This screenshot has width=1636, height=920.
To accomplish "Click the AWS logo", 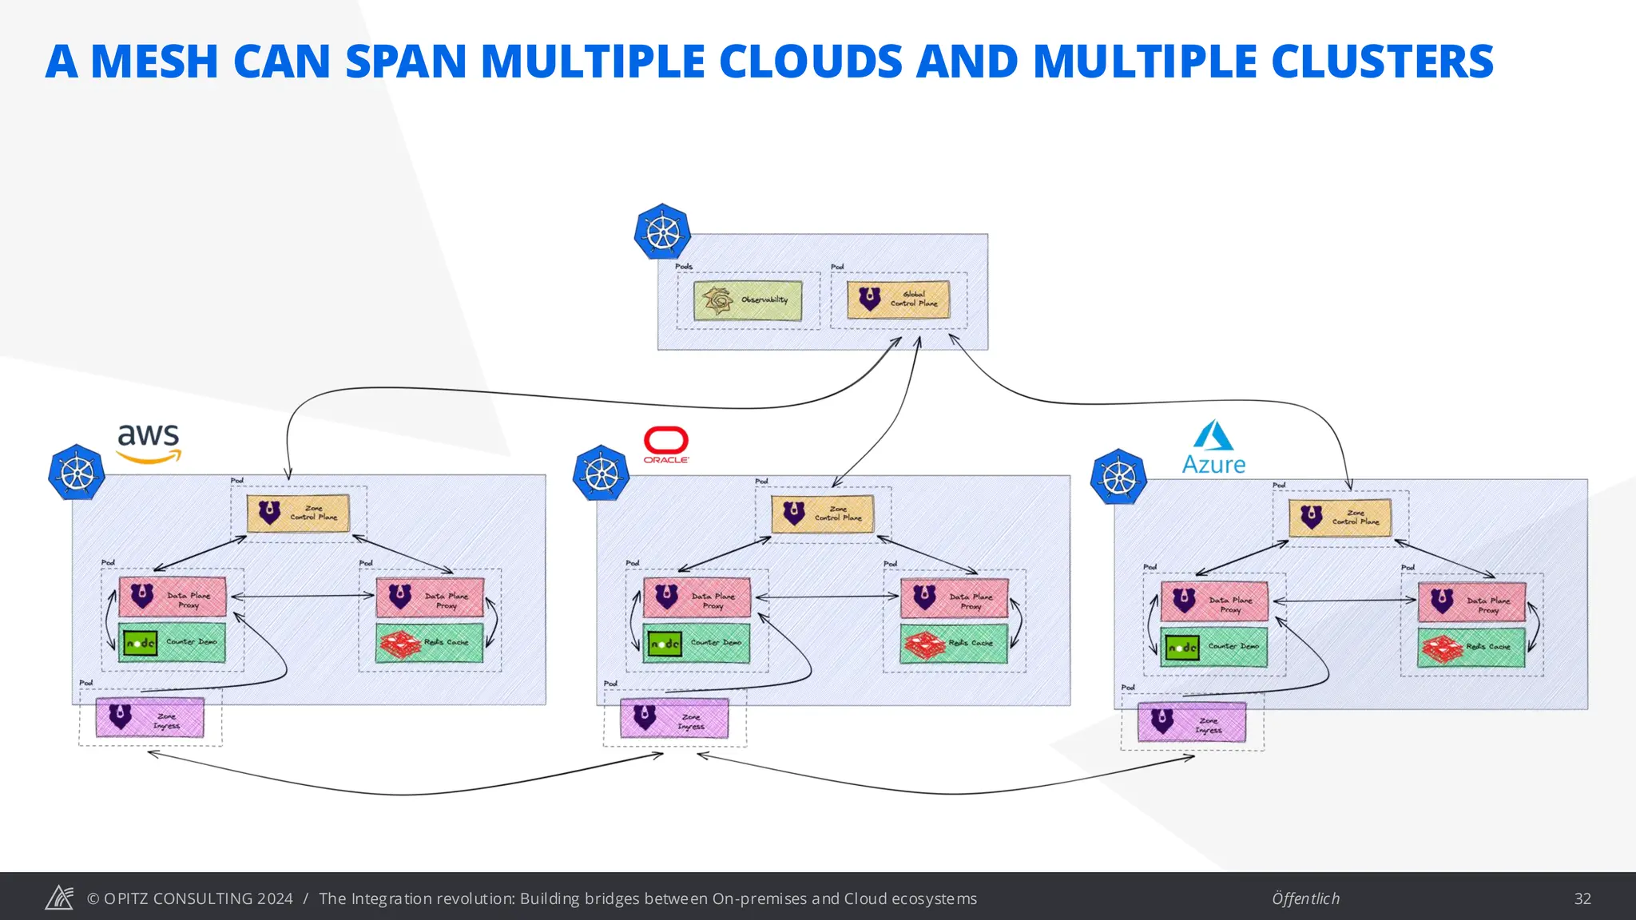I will coord(149,443).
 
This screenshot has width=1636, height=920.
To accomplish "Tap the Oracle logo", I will coord(666,444).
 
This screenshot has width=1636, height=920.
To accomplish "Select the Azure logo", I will coord(1213,447).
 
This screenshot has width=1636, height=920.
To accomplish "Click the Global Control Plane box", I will coord(899,299).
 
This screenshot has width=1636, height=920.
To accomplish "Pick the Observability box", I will coord(748,300).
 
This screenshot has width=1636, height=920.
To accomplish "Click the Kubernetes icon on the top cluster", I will coord(662,232).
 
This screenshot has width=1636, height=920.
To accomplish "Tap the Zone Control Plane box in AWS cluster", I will coord(298,514).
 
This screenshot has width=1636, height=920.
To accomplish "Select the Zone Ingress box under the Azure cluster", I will coord(1191,723).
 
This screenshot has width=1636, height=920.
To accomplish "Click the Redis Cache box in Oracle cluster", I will coord(953,643).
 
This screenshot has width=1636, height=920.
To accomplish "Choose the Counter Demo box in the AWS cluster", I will coord(172,642).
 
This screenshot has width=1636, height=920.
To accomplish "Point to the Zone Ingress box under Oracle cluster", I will coord(674,719).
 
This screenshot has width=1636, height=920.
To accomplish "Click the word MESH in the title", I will coord(154,61).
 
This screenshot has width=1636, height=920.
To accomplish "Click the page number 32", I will coord(1582,898).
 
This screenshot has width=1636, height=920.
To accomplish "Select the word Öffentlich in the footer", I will coord(1305,898).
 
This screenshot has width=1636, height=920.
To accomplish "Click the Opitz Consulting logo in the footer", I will coord(59,898).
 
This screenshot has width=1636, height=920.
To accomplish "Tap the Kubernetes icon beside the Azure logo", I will coord(1119,477).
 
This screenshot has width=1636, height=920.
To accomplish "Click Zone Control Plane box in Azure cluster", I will coord(1340,517).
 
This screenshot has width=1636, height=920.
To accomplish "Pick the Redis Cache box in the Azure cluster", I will coord(1471,647).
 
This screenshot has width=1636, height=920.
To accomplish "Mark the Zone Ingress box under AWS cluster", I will coord(150,717).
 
